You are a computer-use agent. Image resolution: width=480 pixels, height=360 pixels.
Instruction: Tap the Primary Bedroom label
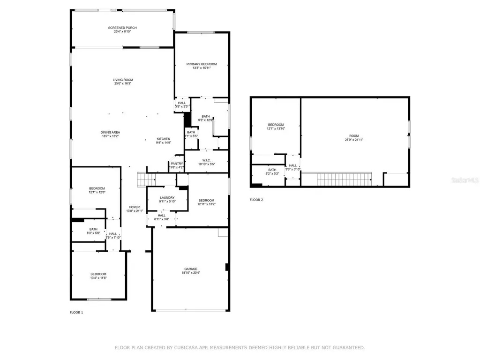[x=202, y=64]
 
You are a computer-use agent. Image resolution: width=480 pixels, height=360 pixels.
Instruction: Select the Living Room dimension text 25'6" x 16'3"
[x=122, y=84]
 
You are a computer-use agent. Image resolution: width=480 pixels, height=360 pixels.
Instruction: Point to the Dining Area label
[x=110, y=132]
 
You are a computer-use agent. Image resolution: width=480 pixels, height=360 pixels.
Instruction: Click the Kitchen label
[x=163, y=139]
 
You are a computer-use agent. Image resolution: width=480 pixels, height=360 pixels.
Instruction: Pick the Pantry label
[x=177, y=163]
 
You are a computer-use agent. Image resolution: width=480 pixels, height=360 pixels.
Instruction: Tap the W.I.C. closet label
[x=206, y=160]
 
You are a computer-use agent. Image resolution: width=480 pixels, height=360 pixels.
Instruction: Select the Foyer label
[x=135, y=207]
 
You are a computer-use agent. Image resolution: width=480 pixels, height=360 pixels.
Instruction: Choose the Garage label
[x=190, y=269]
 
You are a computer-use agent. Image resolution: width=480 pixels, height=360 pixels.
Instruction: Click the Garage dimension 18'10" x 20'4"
[x=190, y=273]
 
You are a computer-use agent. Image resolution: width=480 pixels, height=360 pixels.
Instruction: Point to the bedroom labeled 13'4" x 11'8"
[x=98, y=276]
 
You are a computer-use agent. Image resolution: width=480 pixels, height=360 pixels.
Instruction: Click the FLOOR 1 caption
[x=76, y=312]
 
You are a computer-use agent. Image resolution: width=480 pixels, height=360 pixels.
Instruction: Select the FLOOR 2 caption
[x=256, y=200]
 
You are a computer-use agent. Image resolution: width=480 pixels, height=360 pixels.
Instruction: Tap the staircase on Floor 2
[x=336, y=179]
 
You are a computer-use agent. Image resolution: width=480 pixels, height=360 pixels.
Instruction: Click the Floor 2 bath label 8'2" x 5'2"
[x=272, y=172]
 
